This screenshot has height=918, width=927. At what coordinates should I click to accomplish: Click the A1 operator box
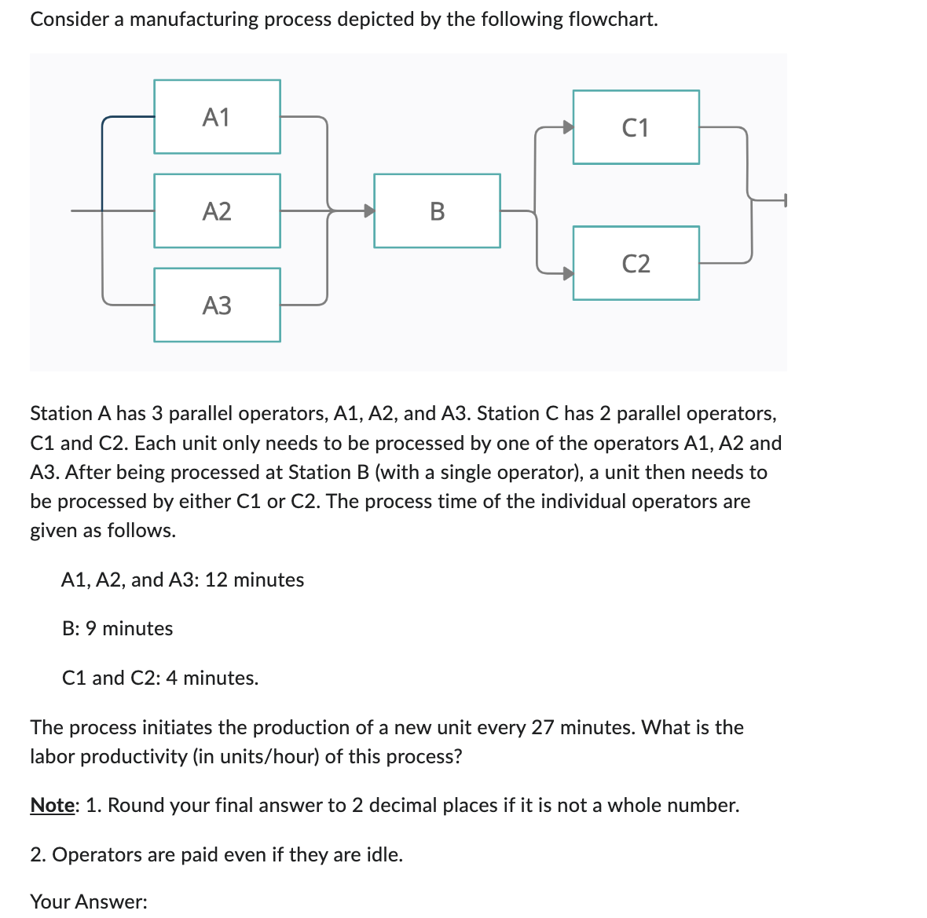click(217, 117)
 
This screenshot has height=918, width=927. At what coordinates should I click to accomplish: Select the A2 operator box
click(217, 211)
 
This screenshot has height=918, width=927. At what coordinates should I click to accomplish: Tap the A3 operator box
click(217, 305)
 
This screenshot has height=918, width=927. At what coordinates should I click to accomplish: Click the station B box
click(437, 211)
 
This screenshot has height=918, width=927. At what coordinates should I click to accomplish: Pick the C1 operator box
click(636, 127)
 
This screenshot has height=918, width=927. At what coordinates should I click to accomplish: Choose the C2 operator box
click(636, 263)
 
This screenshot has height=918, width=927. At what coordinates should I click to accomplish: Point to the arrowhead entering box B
click(368, 210)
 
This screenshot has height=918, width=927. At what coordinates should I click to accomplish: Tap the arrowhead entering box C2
click(567, 273)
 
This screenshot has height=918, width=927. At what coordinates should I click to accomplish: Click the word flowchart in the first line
click(613, 19)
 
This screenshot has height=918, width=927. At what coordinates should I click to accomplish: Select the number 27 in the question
click(543, 727)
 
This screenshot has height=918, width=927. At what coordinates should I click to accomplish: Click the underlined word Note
click(53, 805)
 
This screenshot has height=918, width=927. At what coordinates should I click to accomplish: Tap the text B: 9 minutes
click(118, 628)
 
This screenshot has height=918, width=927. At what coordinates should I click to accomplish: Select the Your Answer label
click(89, 902)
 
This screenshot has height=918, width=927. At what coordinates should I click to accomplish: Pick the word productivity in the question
click(132, 756)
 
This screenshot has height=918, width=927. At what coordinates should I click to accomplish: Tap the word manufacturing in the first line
click(193, 19)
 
